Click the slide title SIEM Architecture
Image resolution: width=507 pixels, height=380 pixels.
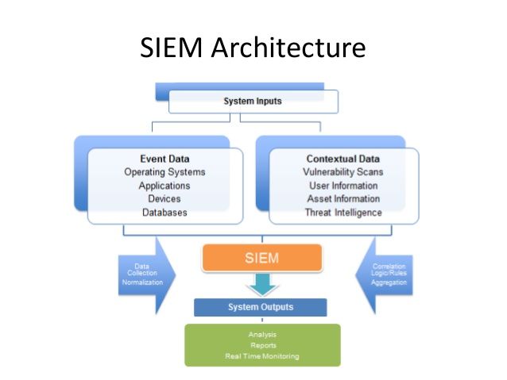(x=253, y=48)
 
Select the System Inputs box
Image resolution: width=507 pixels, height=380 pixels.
(x=253, y=102)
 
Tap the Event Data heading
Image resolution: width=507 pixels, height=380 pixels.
(x=164, y=159)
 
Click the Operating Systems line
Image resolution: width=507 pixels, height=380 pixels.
(x=164, y=172)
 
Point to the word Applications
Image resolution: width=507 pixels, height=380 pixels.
(x=164, y=186)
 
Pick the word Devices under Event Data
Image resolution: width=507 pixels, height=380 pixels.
(x=164, y=199)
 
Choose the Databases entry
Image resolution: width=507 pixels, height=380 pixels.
(x=164, y=213)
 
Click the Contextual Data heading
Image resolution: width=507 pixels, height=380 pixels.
(x=343, y=159)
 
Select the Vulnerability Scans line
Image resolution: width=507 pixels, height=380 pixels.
(x=343, y=172)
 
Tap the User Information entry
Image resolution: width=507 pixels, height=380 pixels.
(x=343, y=186)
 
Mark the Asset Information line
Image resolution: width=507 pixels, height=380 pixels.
(x=343, y=199)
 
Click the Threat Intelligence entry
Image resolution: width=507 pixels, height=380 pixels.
(x=343, y=213)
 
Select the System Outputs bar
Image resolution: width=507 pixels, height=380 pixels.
(x=260, y=307)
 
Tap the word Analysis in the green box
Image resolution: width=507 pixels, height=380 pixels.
(x=261, y=335)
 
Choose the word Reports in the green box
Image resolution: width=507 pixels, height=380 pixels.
(x=261, y=345)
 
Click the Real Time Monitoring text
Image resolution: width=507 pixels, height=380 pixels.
(x=261, y=356)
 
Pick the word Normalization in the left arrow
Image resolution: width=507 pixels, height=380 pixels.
(x=142, y=282)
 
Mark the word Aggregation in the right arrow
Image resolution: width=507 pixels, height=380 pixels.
(x=389, y=282)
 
